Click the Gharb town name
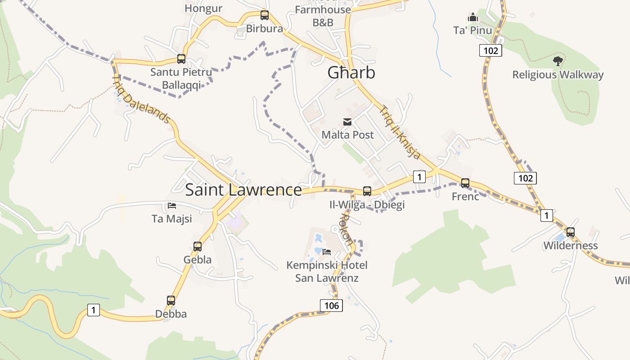point(351,72)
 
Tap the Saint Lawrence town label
point(243,190)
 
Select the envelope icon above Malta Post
point(347,121)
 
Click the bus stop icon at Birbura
point(265,15)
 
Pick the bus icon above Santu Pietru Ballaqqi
point(181,58)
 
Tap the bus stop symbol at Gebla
point(198,246)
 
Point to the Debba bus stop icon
point(171,300)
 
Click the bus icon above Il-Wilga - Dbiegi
point(367,191)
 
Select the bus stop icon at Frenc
point(465,183)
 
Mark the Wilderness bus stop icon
point(571,232)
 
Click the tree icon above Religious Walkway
point(558,61)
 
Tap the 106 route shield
point(331,306)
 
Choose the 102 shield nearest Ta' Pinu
point(490,50)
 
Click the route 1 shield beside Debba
point(94,310)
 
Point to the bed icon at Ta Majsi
point(172,206)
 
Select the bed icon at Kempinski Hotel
point(327,252)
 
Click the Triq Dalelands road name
point(141,99)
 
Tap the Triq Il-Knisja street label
point(400,132)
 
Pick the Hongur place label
point(203,8)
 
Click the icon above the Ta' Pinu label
point(473,18)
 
